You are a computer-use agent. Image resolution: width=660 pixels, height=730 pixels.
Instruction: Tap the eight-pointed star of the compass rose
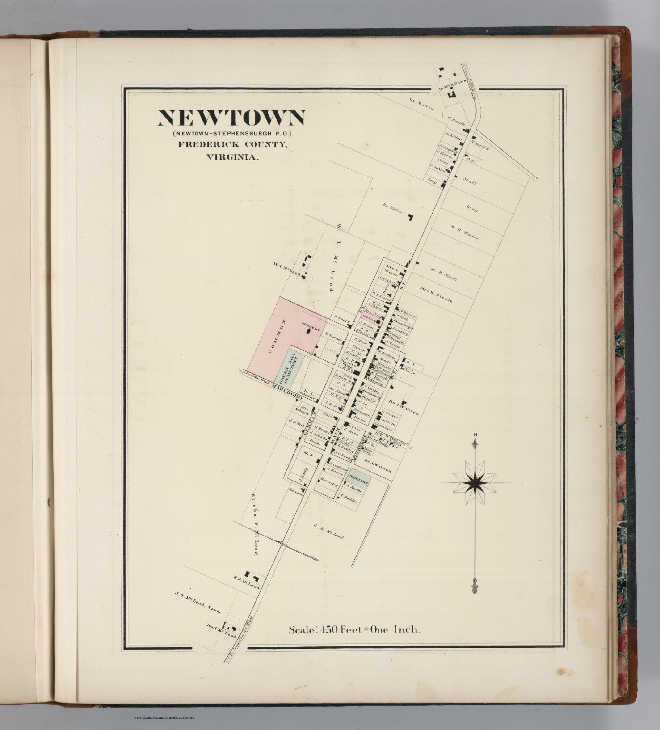tap(475, 482)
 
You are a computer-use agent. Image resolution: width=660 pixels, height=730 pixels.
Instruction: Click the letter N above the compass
tap(475, 435)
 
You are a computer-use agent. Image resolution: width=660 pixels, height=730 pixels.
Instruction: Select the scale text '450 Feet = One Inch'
tap(355, 630)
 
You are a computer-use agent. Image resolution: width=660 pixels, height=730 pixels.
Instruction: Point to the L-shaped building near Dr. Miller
tap(409, 218)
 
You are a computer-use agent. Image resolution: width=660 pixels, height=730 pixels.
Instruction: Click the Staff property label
tap(470, 182)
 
